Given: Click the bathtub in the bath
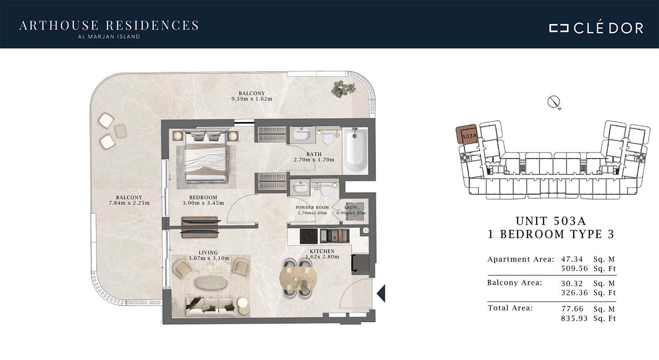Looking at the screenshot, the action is pyautogui.click(x=355, y=151).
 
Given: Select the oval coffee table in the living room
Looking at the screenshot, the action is pyautogui.click(x=211, y=283).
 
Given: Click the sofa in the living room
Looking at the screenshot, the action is pyautogui.click(x=211, y=307).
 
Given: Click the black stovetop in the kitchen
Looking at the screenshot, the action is pyautogui.click(x=308, y=236).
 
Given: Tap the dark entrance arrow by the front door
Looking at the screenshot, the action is pyautogui.click(x=381, y=293).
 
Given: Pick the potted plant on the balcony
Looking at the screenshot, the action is pyautogui.click(x=343, y=89).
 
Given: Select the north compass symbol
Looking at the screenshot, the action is pyautogui.click(x=554, y=102).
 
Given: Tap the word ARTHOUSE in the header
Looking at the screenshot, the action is pyautogui.click(x=59, y=25).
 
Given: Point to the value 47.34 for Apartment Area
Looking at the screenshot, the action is pyautogui.click(x=572, y=259).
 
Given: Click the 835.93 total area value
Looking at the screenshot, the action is pyautogui.click(x=574, y=318).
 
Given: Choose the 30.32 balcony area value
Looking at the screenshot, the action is pyautogui.click(x=572, y=283).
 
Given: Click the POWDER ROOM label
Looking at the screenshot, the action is pyautogui.click(x=312, y=208).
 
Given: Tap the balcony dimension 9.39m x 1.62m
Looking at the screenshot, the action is pyautogui.click(x=252, y=99).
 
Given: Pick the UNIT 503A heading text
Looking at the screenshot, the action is pyautogui.click(x=551, y=221).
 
